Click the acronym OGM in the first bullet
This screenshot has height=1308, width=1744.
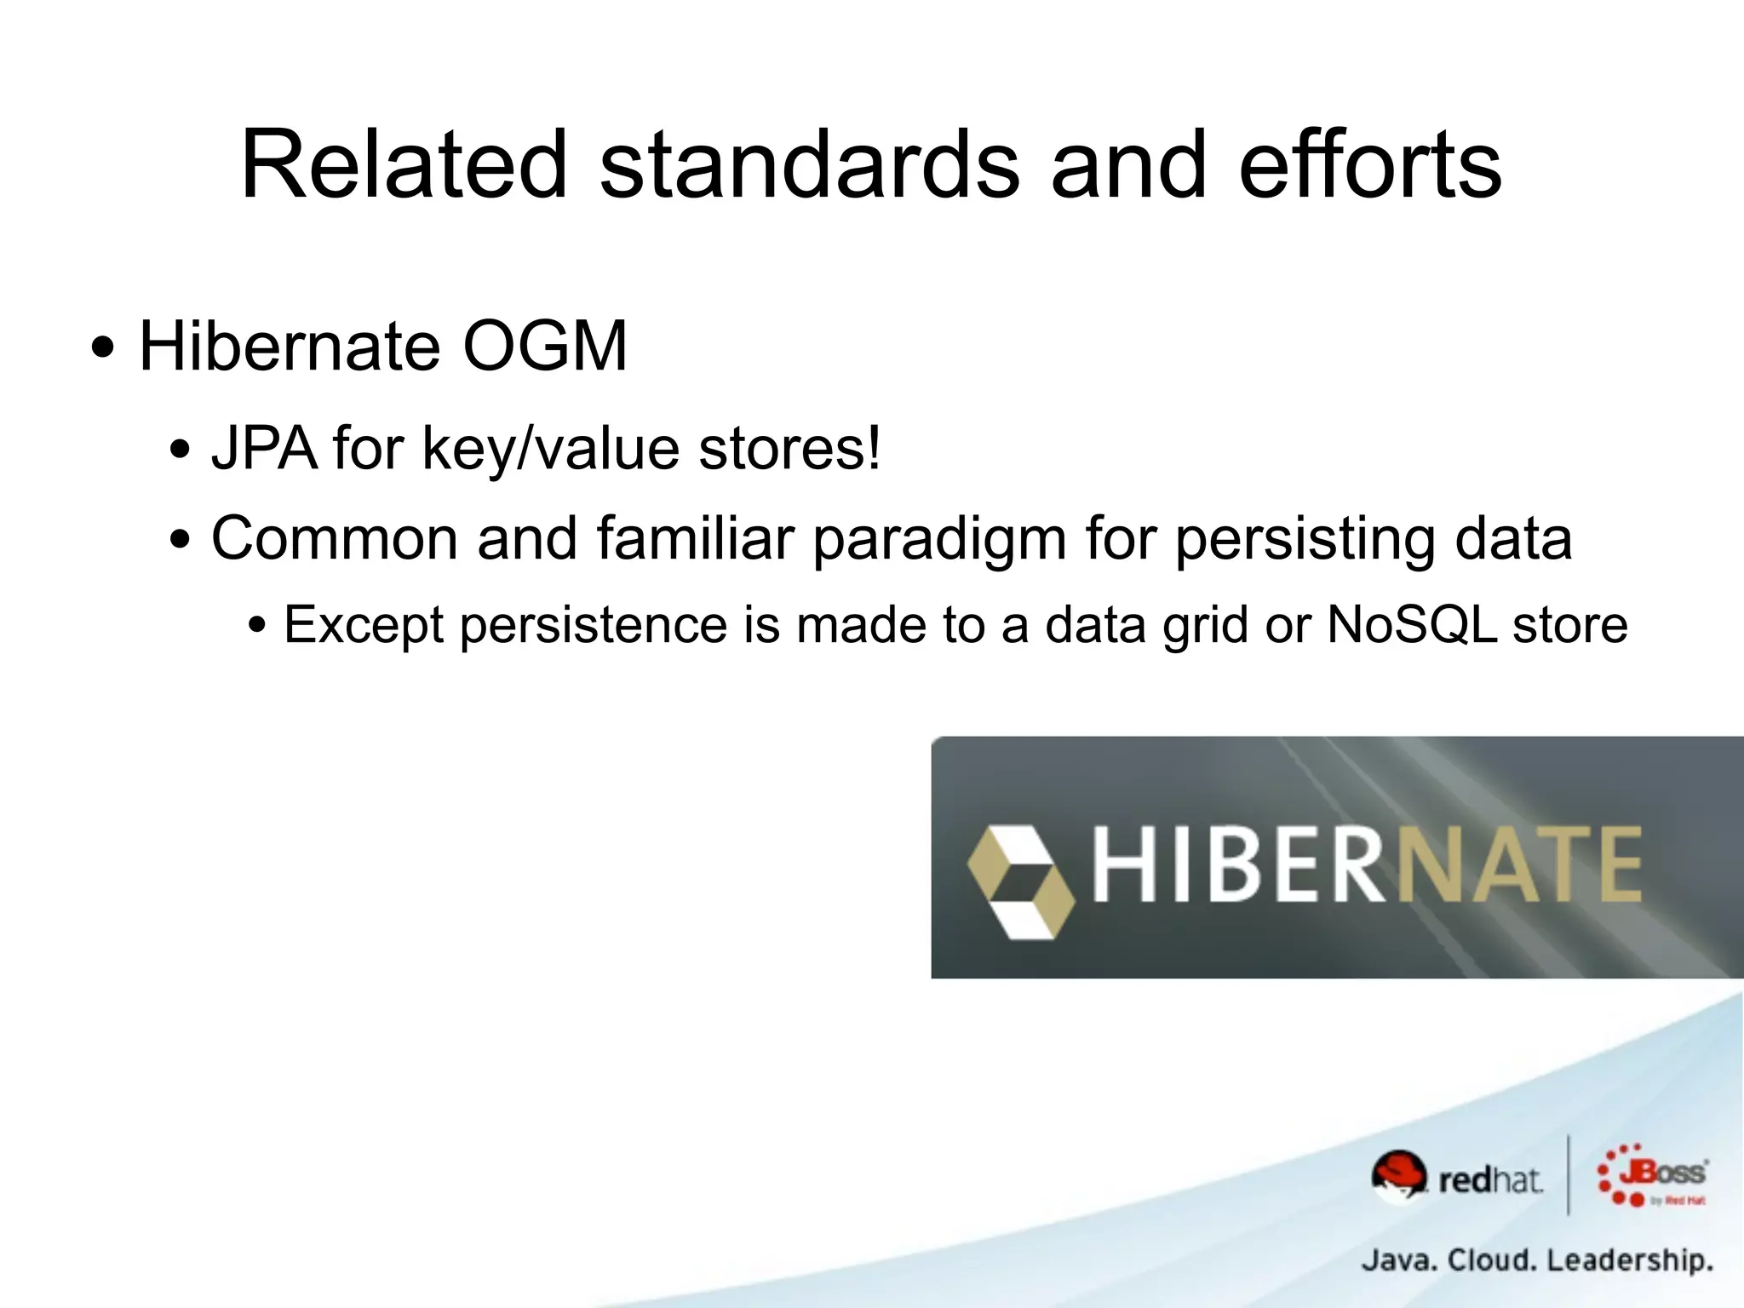click(545, 347)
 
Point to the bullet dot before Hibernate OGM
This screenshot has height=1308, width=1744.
click(103, 349)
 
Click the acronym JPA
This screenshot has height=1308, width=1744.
click(264, 448)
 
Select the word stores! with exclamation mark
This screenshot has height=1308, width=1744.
click(789, 448)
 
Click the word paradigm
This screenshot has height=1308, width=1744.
click(939, 540)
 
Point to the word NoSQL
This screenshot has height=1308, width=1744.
click(1411, 625)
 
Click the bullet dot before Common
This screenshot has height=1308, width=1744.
click(180, 540)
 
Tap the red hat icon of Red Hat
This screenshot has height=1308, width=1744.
click(1398, 1174)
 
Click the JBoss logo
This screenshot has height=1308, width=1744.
click(1652, 1176)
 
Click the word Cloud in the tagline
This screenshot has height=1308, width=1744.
click(1491, 1259)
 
